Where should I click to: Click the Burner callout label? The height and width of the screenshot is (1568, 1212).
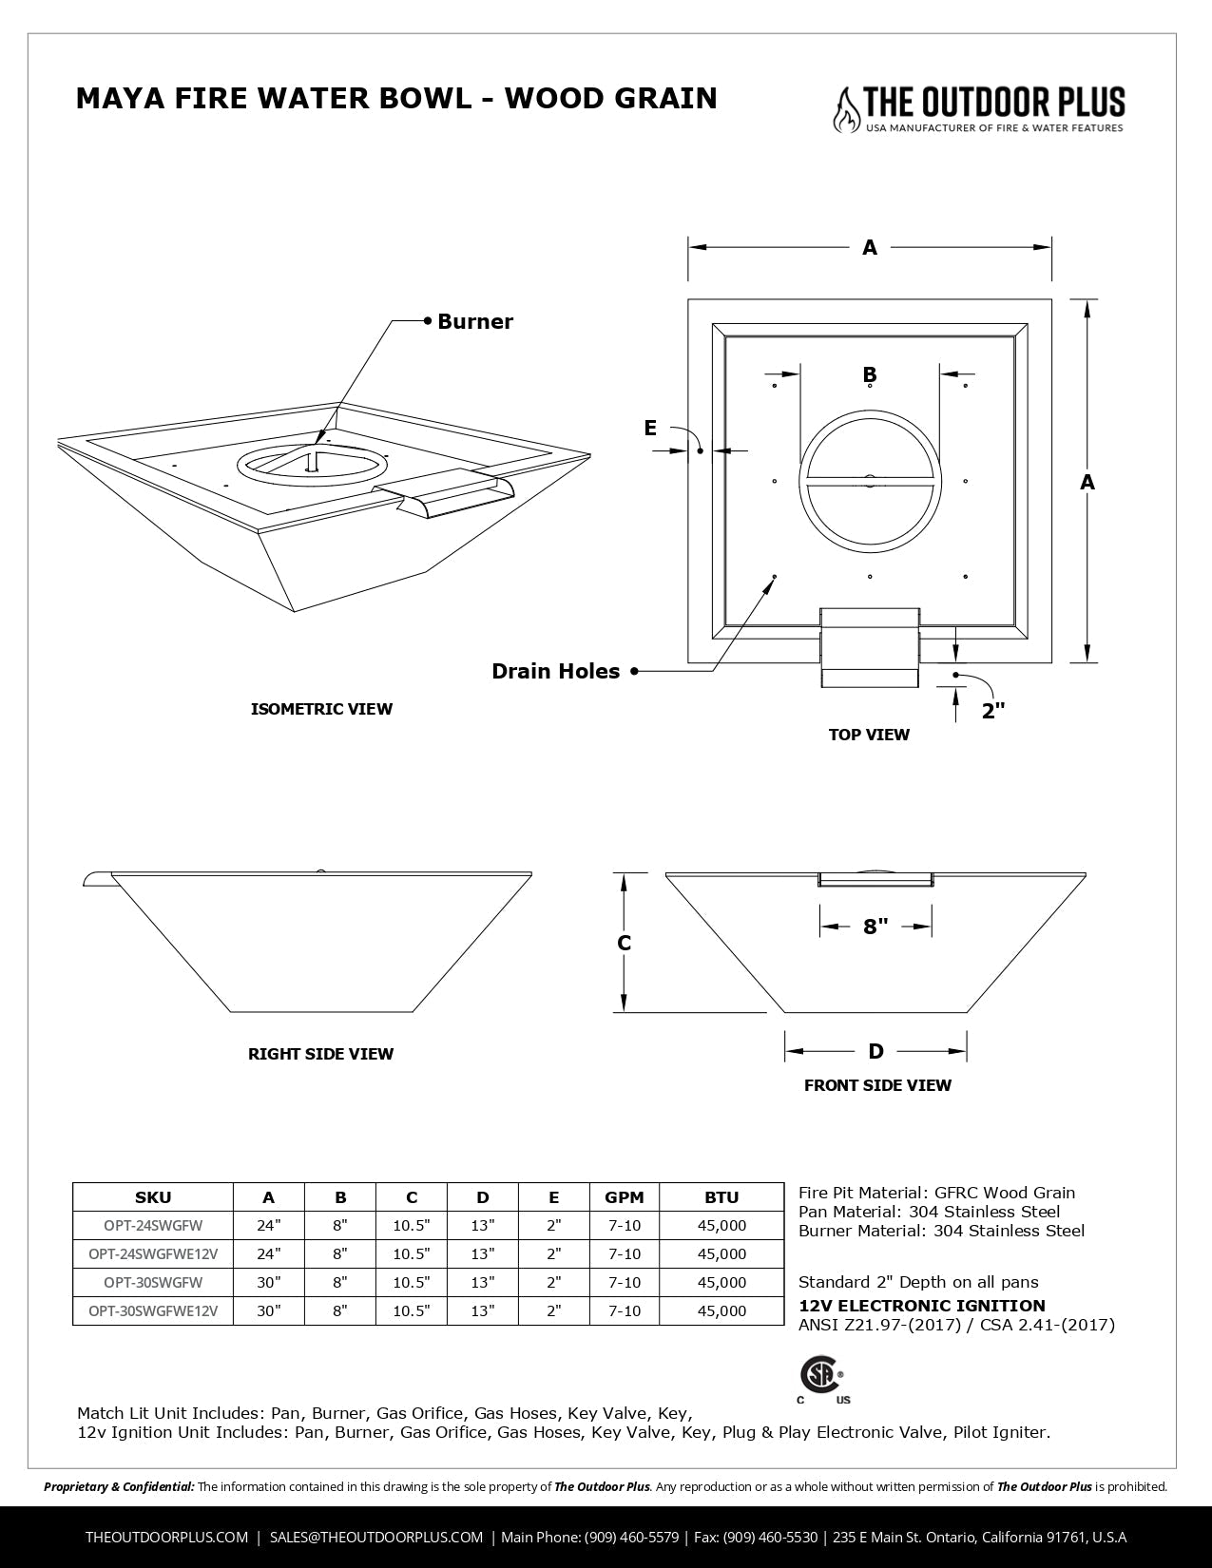[474, 321]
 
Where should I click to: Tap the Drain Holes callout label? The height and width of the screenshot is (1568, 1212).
[555, 671]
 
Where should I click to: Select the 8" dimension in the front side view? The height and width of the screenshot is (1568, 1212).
[875, 926]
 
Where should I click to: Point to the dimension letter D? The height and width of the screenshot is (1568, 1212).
[875, 1050]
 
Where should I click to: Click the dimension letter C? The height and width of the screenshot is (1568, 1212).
[625, 943]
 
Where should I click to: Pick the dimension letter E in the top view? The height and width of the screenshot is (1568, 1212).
[650, 428]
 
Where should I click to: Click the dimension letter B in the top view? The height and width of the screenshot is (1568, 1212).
[869, 374]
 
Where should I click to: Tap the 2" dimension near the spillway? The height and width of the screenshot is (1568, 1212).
[993, 711]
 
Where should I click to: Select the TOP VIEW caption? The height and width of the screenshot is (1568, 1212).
[869, 735]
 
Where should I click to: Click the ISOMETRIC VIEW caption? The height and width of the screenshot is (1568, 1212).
[321, 709]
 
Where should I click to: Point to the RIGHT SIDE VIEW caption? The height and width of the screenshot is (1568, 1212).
[320, 1054]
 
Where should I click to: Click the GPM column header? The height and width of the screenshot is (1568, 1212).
[625, 1197]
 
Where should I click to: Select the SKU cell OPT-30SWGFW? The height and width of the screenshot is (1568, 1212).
[153, 1282]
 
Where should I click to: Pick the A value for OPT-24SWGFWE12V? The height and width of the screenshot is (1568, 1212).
[269, 1253]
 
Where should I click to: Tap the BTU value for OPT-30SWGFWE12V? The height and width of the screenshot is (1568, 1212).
[721, 1310]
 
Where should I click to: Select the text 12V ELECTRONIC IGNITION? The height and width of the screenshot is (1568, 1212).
[921, 1306]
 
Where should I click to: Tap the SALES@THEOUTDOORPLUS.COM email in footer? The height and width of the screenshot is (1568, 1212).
[376, 1537]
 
